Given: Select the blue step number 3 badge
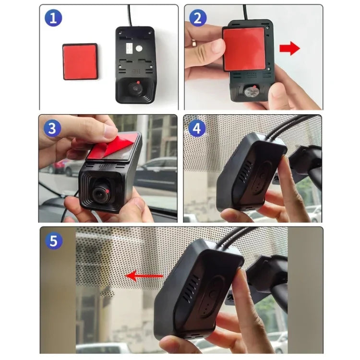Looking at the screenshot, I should click(53, 129).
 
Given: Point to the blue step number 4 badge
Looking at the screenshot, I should click(197, 129).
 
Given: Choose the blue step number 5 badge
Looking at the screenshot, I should click(54, 240).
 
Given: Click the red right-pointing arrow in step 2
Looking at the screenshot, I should click(289, 48).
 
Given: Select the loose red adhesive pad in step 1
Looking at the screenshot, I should click(80, 61).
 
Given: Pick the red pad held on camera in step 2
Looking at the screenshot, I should click(243, 48).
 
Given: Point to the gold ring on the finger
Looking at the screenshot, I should click(193, 43).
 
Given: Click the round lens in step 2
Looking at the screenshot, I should click(252, 91).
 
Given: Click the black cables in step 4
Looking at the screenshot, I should click(288, 126).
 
